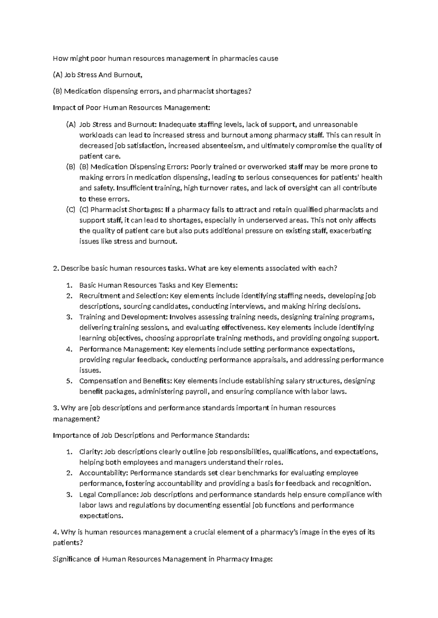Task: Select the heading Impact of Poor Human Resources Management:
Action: point(132,108)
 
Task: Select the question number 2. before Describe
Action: point(56,269)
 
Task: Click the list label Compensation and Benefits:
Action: point(126,381)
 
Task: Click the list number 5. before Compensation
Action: point(69,381)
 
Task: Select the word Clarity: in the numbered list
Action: point(91,452)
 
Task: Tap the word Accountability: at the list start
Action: point(103,473)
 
